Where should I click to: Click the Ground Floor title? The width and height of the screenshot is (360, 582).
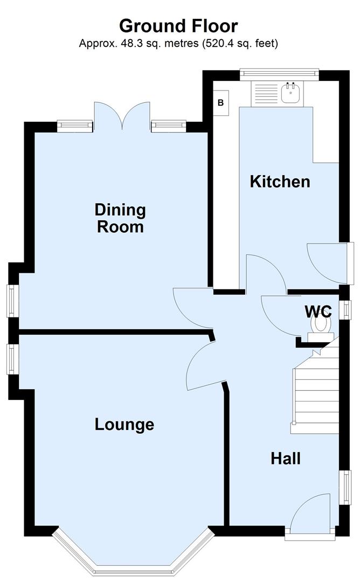point(178,25)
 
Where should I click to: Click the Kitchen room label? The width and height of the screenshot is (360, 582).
point(280,182)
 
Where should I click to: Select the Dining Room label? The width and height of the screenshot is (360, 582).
point(120,218)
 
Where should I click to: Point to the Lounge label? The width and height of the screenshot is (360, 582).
point(124,425)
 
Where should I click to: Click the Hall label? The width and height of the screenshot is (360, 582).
point(285,459)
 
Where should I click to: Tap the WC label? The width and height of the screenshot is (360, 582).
point(318,311)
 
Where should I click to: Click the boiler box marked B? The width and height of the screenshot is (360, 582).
point(220,102)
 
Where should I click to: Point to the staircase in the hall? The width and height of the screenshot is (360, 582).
point(315,388)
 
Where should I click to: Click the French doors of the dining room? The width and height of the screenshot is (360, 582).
point(122,117)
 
